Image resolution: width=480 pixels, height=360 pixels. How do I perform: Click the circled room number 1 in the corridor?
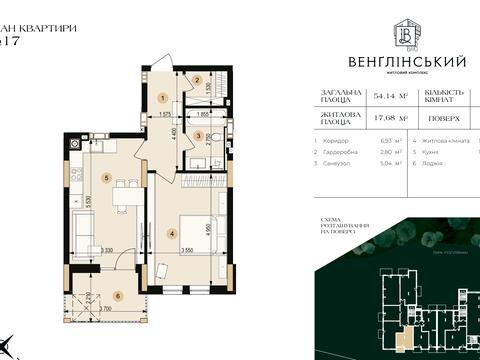(x=162, y=98)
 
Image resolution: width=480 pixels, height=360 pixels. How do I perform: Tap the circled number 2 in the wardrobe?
(x=198, y=80)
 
